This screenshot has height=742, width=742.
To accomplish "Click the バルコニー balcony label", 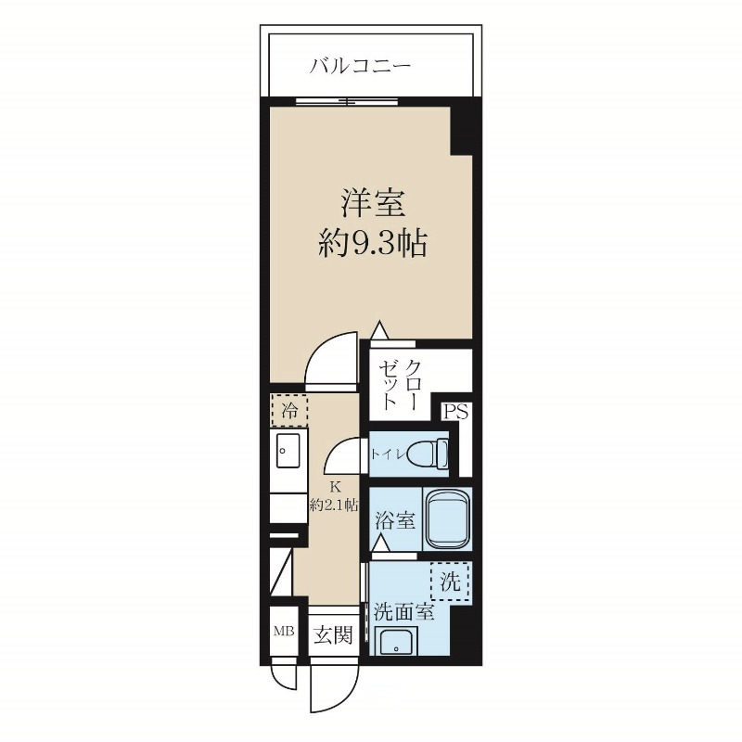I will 361,67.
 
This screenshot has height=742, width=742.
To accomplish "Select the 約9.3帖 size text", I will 372,243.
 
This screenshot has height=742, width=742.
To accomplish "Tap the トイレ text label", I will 387,454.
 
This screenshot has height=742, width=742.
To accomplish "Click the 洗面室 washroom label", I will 403,612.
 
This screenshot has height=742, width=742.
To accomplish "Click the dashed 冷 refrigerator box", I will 288,408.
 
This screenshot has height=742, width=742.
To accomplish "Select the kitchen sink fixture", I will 286,454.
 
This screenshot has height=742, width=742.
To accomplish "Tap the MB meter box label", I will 282,633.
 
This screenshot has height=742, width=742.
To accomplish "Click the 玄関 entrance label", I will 331,635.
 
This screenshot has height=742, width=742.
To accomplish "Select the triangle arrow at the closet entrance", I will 378,330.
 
